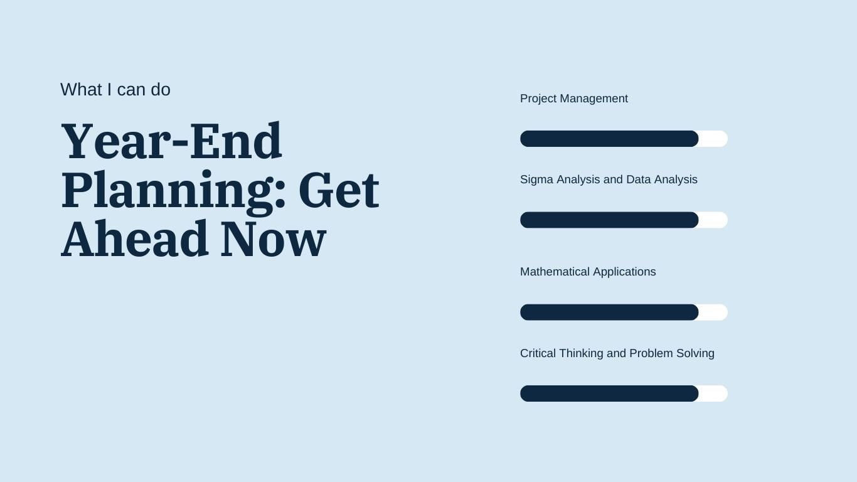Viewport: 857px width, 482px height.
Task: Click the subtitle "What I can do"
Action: (x=115, y=90)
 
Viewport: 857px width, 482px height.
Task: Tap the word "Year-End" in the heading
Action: (x=171, y=141)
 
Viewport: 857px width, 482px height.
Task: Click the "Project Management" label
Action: (x=574, y=99)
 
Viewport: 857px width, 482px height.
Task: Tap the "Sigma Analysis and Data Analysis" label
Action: (x=609, y=179)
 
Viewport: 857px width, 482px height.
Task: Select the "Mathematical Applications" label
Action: (x=588, y=272)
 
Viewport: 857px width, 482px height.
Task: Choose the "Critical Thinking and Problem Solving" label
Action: (x=617, y=353)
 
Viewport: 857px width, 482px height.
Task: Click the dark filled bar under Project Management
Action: (x=609, y=139)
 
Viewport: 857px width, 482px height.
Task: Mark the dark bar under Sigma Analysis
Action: (x=609, y=220)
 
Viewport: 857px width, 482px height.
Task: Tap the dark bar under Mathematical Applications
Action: (x=609, y=312)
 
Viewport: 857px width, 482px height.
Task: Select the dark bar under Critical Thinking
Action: (x=609, y=394)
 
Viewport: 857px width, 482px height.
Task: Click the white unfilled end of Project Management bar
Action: (x=714, y=139)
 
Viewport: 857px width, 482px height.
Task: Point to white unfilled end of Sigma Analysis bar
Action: (x=714, y=220)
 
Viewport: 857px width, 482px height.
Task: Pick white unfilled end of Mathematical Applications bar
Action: (x=714, y=312)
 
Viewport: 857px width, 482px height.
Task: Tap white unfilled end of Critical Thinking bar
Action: (x=714, y=394)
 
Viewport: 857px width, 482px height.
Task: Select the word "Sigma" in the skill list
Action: (x=536, y=179)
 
